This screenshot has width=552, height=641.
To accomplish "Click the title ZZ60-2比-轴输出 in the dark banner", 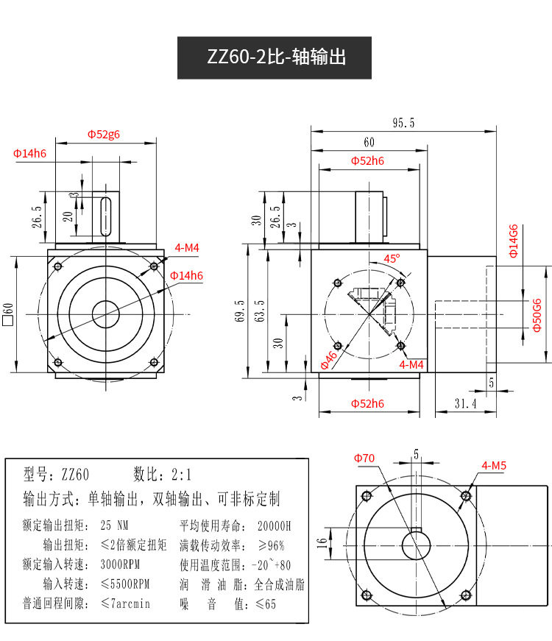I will tap(275, 57).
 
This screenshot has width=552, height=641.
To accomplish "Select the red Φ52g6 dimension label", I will tap(104, 134).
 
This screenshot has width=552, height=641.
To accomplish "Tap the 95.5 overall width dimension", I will tap(403, 123).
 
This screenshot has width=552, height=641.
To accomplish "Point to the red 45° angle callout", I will tap(392, 258).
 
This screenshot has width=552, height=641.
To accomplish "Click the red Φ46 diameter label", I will tap(328, 360).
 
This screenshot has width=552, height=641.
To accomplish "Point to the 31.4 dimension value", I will tap(465, 403).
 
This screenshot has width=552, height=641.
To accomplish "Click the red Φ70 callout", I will tap(364, 458).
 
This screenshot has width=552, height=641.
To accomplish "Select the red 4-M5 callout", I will tap(494, 465).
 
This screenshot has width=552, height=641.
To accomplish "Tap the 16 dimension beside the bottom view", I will tap(321, 545).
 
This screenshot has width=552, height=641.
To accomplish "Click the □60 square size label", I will tap(9, 314).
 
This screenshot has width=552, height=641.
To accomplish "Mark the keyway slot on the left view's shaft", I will tap(105, 216).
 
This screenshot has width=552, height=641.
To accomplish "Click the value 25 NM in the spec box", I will tap(114, 526).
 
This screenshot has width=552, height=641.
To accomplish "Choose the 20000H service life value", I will tap(275, 526).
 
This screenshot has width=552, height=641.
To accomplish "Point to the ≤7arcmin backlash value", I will tap(125, 604).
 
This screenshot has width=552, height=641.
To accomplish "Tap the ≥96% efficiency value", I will tap(269, 545).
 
